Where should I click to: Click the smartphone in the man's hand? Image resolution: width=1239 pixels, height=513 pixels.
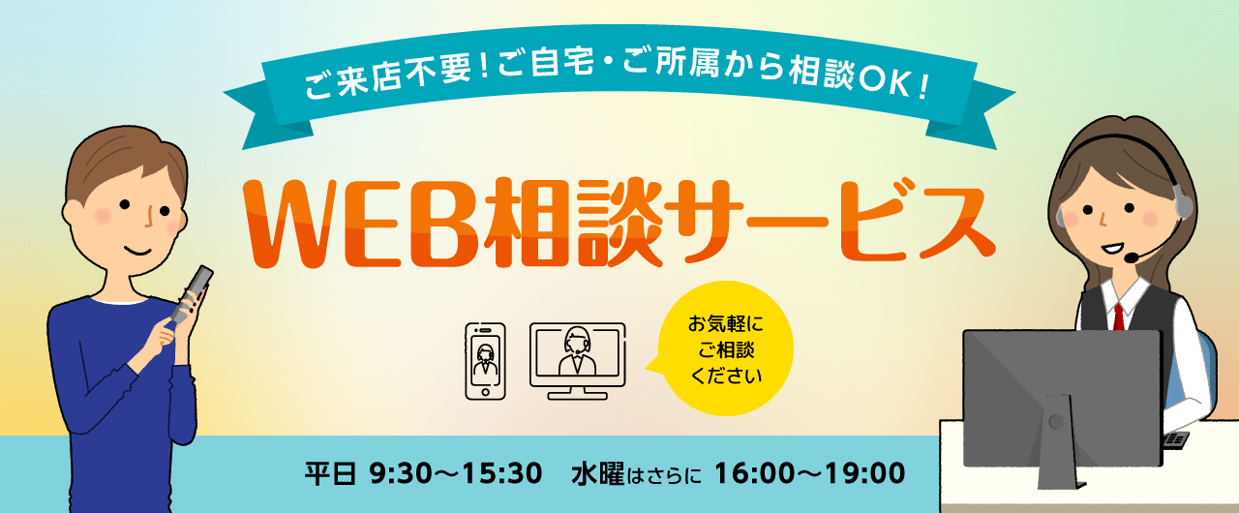point(192,295)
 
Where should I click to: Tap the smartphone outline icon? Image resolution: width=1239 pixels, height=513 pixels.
point(485,361)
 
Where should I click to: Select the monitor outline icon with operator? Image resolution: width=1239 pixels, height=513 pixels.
point(578,361)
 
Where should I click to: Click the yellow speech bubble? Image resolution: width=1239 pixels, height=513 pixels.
point(722,348)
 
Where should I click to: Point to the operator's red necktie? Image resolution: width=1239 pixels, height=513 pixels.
point(1118,317)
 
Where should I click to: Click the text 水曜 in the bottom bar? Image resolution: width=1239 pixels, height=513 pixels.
point(598,474)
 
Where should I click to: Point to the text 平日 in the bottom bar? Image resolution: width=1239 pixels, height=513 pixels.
point(330,474)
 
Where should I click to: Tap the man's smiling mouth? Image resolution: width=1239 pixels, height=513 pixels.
point(137,251)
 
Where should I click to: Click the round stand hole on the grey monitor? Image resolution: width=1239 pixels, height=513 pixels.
point(1056,422)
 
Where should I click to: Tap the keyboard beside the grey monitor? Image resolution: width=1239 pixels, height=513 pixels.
point(1176,440)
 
